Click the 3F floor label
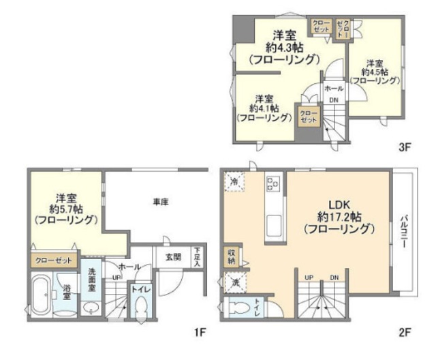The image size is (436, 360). [x=403, y=147]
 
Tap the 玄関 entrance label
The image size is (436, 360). [x=172, y=257]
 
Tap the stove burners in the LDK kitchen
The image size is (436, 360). [x=272, y=183]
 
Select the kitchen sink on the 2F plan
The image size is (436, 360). [x=274, y=223]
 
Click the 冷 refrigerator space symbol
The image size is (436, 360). [x=233, y=181]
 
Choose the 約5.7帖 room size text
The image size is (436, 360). [x=67, y=209]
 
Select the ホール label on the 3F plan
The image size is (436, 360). [x=333, y=89]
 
